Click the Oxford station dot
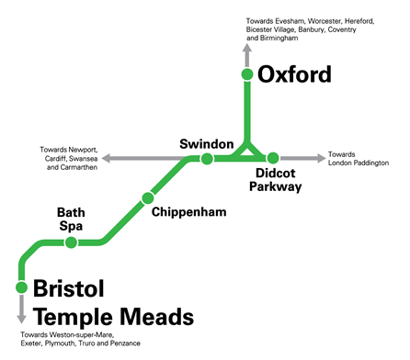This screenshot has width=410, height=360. coord(246,74)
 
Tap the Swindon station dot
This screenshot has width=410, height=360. coord(207,159)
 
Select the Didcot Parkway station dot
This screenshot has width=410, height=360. coord(273,159)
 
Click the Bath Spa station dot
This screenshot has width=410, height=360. coord(70,242)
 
